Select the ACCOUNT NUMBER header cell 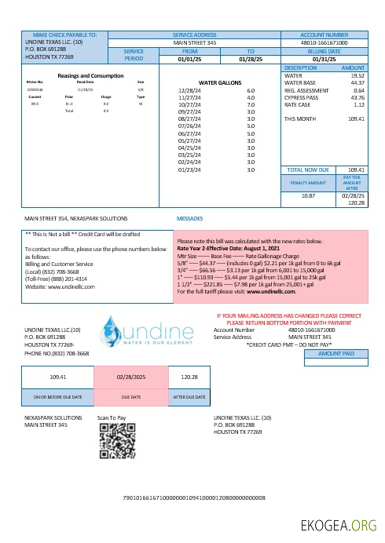(324, 35)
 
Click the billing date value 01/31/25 (324, 59)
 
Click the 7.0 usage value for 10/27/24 (251, 104)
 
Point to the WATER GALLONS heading (219, 81)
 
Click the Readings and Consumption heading (91, 75)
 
